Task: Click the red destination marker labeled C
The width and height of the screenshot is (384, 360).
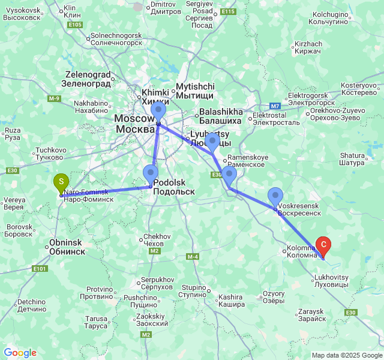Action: (x=323, y=245)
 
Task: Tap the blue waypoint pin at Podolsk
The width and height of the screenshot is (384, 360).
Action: (x=151, y=174)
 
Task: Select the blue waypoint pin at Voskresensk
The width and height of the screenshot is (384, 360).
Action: (x=275, y=196)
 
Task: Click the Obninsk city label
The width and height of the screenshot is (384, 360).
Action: (x=66, y=247)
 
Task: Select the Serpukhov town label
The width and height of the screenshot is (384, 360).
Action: (x=157, y=284)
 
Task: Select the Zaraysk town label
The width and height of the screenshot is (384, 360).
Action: (x=310, y=316)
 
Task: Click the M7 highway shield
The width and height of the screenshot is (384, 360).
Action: (x=275, y=106)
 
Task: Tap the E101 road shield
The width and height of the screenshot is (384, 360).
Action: (x=40, y=268)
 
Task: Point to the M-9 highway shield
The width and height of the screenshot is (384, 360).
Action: (x=55, y=98)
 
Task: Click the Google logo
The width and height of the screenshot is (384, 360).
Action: (x=20, y=353)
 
